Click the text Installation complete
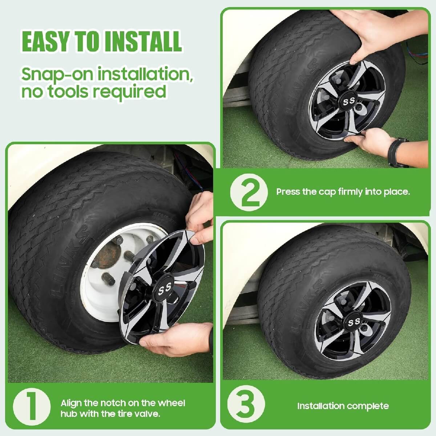click(343, 406)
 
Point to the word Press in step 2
click(288, 191)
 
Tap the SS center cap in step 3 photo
click(354, 322)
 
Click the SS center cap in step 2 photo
click(349, 101)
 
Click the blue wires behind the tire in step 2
click(418, 51)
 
